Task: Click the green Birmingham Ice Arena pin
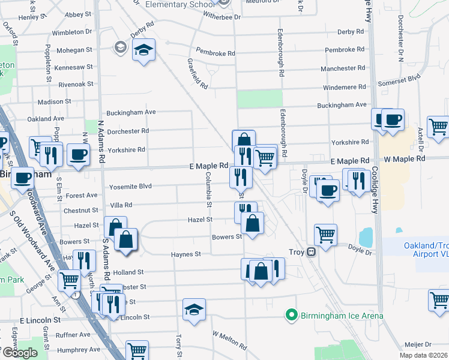[x=291, y=315]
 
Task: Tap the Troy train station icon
[x=312, y=253]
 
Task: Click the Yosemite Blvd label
[x=130, y=186]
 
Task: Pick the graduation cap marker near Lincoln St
[x=194, y=310]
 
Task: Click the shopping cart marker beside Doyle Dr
[x=325, y=235]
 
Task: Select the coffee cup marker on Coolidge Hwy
[x=393, y=119]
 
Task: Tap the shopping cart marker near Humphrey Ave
[x=137, y=351]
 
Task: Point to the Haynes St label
[x=185, y=254]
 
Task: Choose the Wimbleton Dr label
[x=72, y=32]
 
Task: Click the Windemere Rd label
[x=343, y=87]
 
